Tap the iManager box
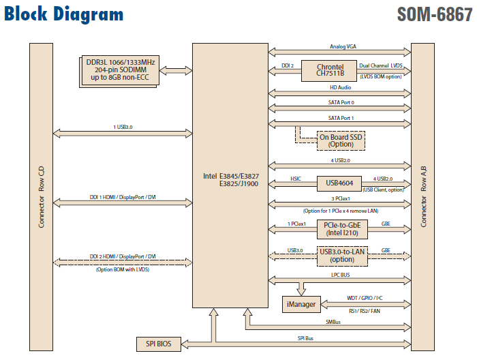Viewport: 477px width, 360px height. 301,304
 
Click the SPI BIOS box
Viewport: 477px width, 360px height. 158,344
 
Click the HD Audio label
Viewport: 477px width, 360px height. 340,88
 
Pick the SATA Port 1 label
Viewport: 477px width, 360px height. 340,118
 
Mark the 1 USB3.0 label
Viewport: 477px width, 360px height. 123,127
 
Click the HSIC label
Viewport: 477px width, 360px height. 296,179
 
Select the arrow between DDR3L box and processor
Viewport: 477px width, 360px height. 175,71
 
